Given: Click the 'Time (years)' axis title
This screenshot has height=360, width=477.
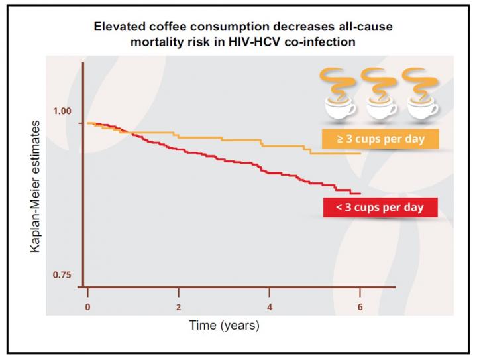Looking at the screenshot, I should [x=225, y=326].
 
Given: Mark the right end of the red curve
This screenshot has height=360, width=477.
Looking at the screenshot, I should [x=360, y=193].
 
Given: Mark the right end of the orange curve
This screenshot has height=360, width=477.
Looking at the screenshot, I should [x=360, y=153].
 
